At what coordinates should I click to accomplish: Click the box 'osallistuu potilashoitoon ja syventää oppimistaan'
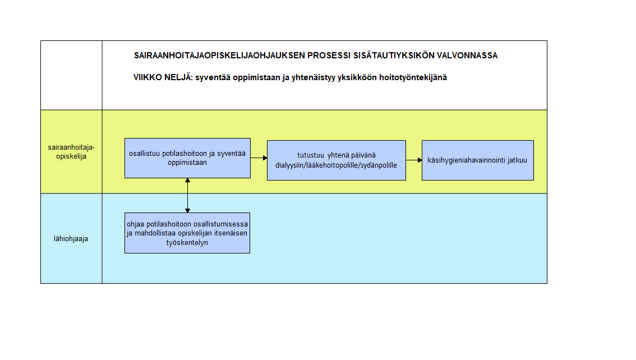click(187, 158)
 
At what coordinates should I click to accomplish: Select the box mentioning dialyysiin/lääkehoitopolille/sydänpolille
click(337, 160)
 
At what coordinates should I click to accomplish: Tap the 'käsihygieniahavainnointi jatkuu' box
click(477, 160)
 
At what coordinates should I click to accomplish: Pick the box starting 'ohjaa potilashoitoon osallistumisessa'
click(187, 233)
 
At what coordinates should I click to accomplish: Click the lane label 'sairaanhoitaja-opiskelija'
click(71, 151)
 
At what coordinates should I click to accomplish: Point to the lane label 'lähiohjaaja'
click(71, 239)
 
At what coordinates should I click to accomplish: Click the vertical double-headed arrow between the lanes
click(187, 195)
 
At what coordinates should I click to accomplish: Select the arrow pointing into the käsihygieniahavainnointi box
click(414, 160)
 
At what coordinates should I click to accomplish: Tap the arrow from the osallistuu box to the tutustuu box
click(259, 158)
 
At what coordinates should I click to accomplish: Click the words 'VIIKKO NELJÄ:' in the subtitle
click(163, 77)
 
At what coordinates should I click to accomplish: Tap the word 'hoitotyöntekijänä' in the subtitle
click(413, 77)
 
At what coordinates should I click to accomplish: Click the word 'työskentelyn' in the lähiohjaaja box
click(187, 242)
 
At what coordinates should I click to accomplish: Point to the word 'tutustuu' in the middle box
click(311, 155)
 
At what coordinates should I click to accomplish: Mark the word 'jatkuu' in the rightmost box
click(517, 160)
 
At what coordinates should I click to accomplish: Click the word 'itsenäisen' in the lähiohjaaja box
click(231, 233)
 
